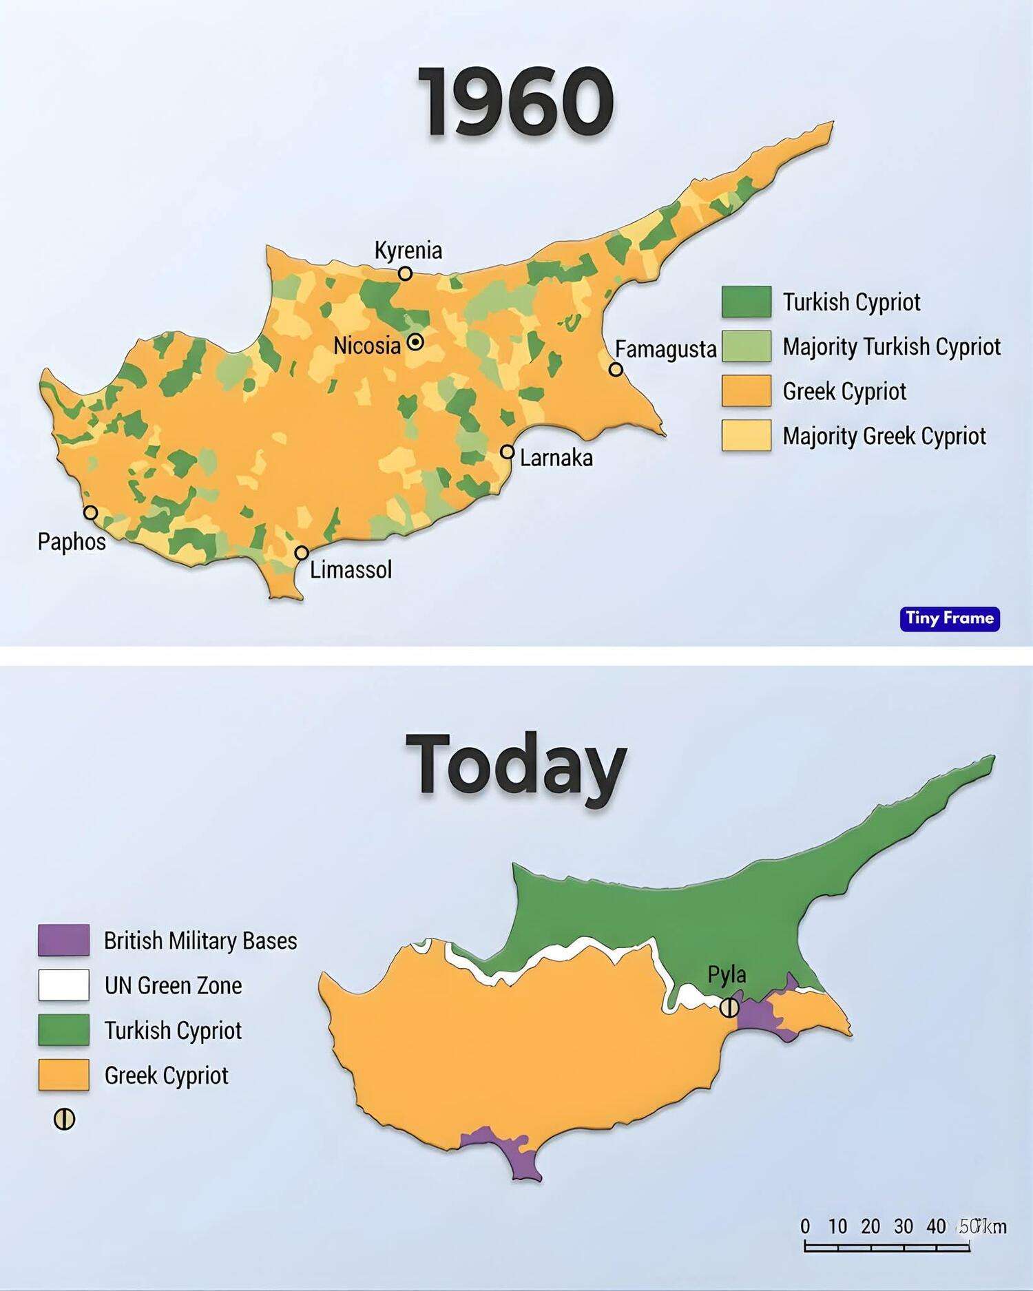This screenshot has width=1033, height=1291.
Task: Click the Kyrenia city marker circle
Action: (405, 273)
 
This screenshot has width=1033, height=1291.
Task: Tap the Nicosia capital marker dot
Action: (415, 342)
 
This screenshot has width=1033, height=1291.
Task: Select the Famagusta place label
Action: (665, 349)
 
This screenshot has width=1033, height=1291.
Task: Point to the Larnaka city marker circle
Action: (507, 452)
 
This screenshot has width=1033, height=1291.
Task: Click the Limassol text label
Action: (351, 570)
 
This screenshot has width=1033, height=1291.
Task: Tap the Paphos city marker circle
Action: (90, 512)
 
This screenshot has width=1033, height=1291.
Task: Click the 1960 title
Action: (516, 103)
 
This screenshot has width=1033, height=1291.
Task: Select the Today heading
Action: (516, 764)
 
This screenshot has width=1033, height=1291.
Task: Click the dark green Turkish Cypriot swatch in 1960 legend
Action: (746, 302)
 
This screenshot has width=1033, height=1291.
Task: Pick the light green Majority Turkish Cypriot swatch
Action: (746, 346)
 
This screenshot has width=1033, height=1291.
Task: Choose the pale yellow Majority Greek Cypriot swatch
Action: (746, 435)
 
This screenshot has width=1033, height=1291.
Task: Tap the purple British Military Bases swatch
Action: (63, 940)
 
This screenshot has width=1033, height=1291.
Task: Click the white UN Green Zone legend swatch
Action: (63, 985)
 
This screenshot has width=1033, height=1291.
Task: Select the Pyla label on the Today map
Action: (727, 975)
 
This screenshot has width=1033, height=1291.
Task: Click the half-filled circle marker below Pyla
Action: (729, 1008)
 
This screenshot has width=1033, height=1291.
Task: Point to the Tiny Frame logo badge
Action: (949, 618)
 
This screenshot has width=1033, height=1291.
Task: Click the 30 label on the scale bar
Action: (903, 1226)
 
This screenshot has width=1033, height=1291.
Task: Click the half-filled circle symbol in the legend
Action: (64, 1120)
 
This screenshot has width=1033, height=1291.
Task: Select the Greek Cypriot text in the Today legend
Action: (166, 1075)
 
